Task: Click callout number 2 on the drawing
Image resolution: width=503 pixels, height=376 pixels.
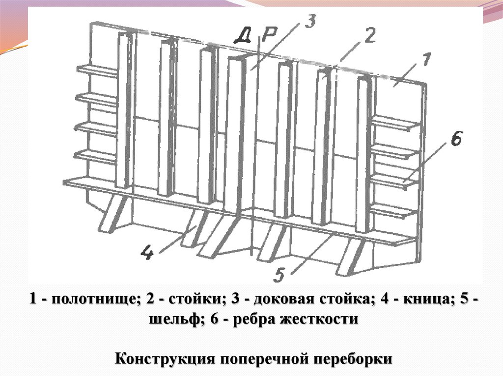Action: (x=369, y=36)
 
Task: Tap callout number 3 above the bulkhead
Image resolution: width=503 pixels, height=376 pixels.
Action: (x=310, y=21)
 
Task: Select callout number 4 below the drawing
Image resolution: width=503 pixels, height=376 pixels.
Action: (x=147, y=253)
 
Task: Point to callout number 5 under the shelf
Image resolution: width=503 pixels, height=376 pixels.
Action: (x=279, y=276)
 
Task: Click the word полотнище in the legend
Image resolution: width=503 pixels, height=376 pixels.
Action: (x=93, y=299)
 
